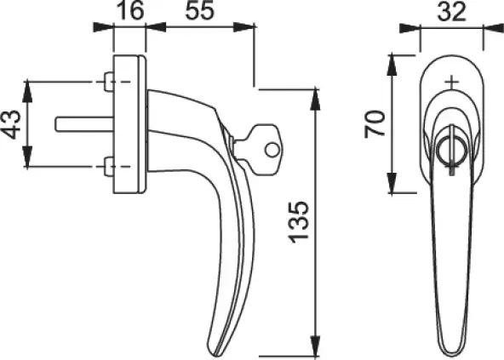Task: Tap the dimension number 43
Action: click(x=12, y=124)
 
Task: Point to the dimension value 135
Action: click(x=299, y=222)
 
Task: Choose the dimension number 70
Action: click(x=375, y=124)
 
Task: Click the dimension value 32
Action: click(x=451, y=12)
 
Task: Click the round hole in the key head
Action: click(x=272, y=150)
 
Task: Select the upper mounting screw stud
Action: click(x=109, y=82)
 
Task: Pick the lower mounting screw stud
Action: click(x=109, y=167)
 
